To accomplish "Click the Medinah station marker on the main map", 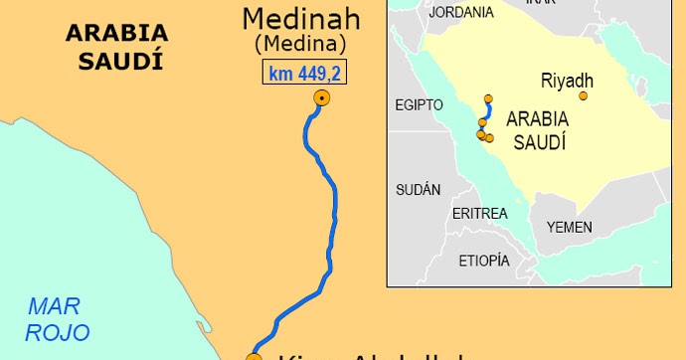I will (x=321, y=97).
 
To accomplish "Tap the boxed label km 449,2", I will (x=305, y=73).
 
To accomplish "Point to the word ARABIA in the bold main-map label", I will (x=117, y=33).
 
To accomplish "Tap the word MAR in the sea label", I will (x=55, y=305).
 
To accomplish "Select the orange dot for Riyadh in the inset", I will (x=584, y=96).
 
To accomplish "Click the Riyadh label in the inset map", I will (x=567, y=79).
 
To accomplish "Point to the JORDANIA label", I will (x=461, y=13).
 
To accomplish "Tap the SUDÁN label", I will (x=418, y=190).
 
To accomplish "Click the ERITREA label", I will (x=479, y=214).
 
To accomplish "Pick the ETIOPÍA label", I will (x=484, y=261).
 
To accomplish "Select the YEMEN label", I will (x=569, y=227).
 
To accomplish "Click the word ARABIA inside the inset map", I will (x=538, y=118).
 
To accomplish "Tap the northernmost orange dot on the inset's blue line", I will (x=488, y=99).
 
